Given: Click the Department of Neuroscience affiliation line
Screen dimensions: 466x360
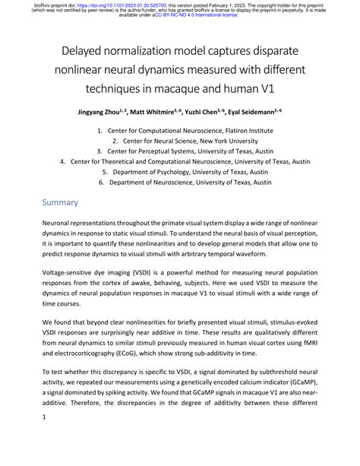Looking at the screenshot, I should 189,183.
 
